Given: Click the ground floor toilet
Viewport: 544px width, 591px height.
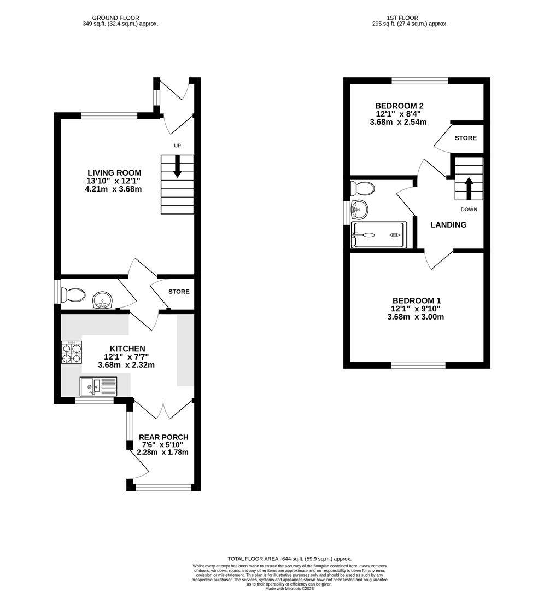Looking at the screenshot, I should [x=73, y=296].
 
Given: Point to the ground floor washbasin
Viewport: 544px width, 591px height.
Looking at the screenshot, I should [x=102, y=300].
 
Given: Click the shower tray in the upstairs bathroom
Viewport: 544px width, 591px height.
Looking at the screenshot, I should [x=379, y=235].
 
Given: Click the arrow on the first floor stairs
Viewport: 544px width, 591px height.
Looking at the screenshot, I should [x=469, y=187].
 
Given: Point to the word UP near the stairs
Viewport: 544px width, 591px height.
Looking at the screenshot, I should [x=177, y=146].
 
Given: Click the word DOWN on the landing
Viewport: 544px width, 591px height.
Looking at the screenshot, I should [x=469, y=210].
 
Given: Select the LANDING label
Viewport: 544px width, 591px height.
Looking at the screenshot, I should [x=448, y=225].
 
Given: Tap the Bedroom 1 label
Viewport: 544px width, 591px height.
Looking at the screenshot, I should [x=416, y=300].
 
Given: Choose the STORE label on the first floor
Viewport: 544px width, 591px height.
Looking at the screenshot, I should [x=465, y=138].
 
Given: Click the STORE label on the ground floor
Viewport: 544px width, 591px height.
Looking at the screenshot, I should [x=178, y=292].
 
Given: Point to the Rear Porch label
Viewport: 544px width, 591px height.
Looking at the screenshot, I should [x=163, y=437].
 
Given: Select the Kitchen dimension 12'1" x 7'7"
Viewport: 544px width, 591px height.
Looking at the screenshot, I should [x=126, y=357].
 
